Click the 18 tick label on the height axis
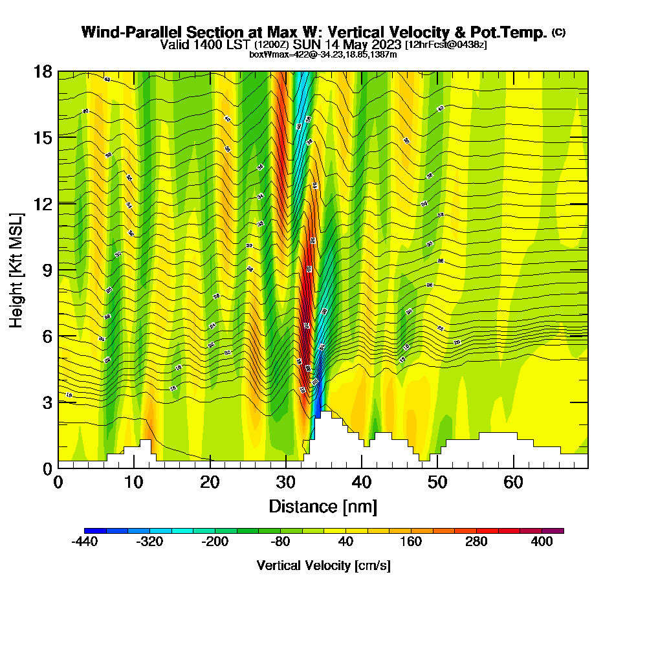pyautogui.click(x=43, y=71)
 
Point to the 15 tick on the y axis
pyautogui.click(x=43, y=137)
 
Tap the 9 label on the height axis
pyautogui.click(x=47, y=269)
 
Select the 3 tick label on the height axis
pyautogui.click(x=47, y=402)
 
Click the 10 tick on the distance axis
pyautogui.click(x=134, y=482)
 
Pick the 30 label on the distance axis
pyautogui.click(x=286, y=482)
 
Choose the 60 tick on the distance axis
pyautogui.click(x=514, y=482)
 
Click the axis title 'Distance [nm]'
pyautogui.click(x=323, y=506)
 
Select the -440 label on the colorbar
pyautogui.click(x=84, y=542)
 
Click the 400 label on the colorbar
pyautogui.click(x=542, y=542)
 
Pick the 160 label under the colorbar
pyautogui.click(x=411, y=542)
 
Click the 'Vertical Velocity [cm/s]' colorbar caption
pyautogui.click(x=323, y=565)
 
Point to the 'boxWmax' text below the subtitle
pyautogui.click(x=264, y=54)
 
